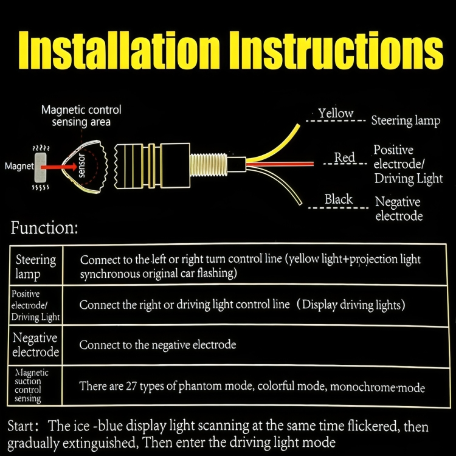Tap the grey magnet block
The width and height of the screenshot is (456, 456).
[x=40, y=167]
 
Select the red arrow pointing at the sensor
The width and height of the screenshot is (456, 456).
[x=59, y=167]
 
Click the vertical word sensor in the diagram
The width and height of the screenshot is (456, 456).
[x=81, y=165]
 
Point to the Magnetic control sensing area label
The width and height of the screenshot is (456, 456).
[x=81, y=116]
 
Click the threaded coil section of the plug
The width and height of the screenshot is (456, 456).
[x=208, y=165]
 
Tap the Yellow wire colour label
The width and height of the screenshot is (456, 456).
[x=336, y=113]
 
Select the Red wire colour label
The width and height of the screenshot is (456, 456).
[x=344, y=157]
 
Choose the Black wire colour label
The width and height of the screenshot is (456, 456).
[x=339, y=199]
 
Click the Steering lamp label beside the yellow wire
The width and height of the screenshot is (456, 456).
[x=406, y=121]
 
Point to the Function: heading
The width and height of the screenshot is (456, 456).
[x=44, y=228]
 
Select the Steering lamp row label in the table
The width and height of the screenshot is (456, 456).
[x=35, y=267]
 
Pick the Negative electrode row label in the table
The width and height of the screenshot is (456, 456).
[x=35, y=345]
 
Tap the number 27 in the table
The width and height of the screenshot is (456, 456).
[x=131, y=386]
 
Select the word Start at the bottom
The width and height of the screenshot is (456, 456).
[x=20, y=426]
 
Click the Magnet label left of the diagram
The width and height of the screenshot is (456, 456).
[x=19, y=167]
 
